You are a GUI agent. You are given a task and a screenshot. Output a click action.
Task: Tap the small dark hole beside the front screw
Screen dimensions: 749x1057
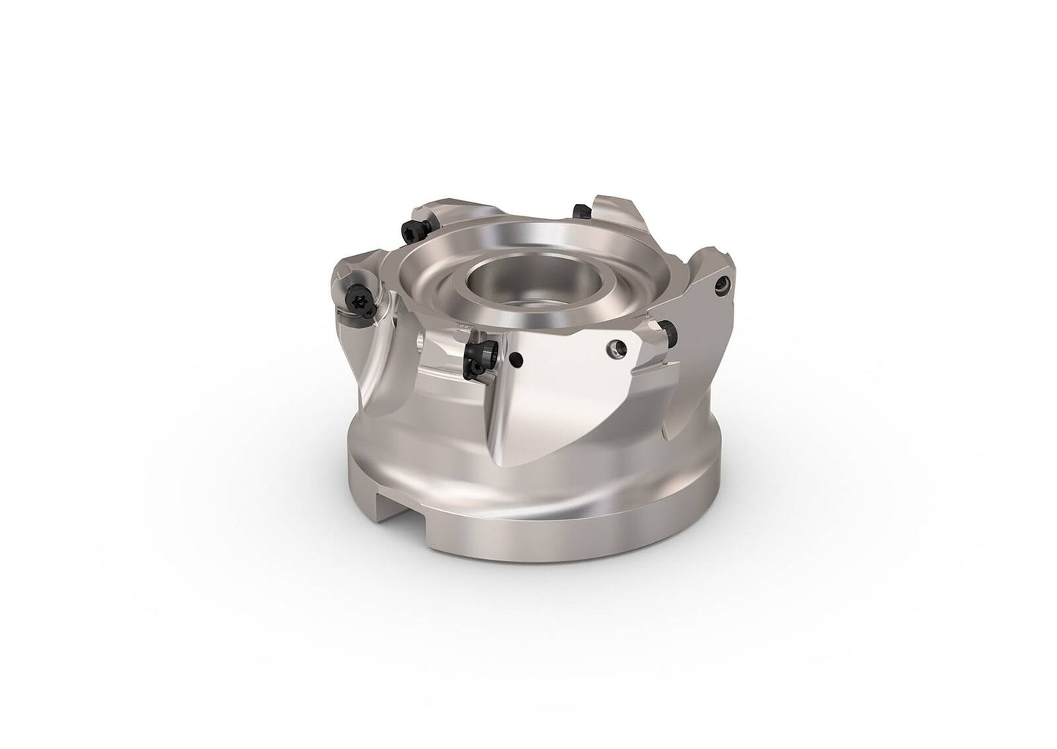click(517, 358)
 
